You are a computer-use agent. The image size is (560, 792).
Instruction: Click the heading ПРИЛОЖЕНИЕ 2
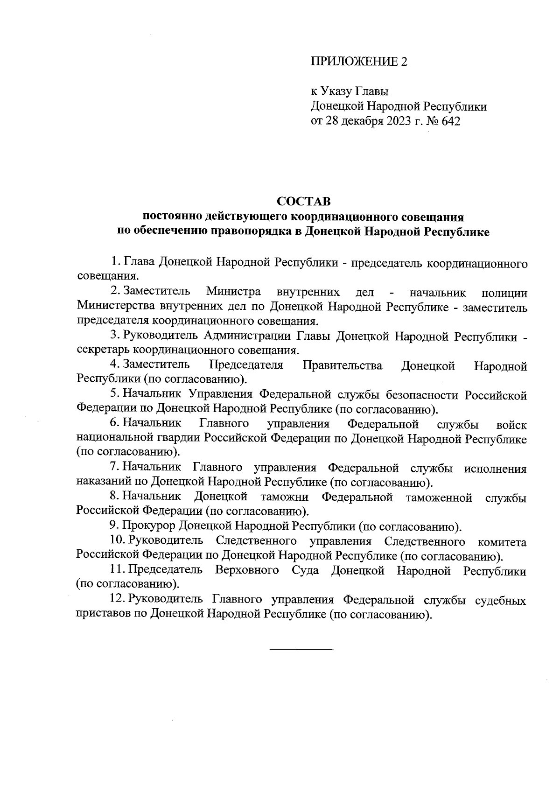point(359,62)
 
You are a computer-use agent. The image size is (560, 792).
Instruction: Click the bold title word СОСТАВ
point(303,202)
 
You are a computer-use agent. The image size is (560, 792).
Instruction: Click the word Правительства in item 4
point(343,365)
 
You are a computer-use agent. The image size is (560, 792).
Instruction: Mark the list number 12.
point(117,599)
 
